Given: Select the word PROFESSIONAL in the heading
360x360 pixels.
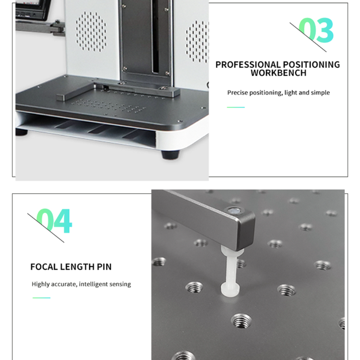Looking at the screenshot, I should (248, 64).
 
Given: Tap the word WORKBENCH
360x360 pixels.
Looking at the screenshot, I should (278, 73).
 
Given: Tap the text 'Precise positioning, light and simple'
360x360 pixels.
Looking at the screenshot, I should (278, 93).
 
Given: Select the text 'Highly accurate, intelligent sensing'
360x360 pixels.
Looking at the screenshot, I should (81, 284).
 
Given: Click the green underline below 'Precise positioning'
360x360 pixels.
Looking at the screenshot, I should (236, 107).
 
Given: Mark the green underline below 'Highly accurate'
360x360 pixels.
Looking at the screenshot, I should (41, 298).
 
